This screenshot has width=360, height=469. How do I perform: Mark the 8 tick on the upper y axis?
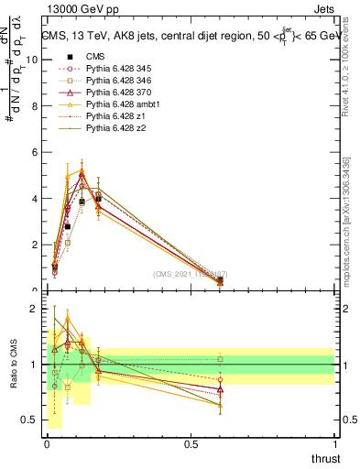[x=35, y=105]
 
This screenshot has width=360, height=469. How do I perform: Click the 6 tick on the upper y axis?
[x=35, y=152]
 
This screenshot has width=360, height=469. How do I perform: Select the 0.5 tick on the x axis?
[x=191, y=443]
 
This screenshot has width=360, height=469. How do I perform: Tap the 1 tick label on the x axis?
[x=334, y=443]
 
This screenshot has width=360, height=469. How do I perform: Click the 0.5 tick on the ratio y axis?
[x=30, y=420]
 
